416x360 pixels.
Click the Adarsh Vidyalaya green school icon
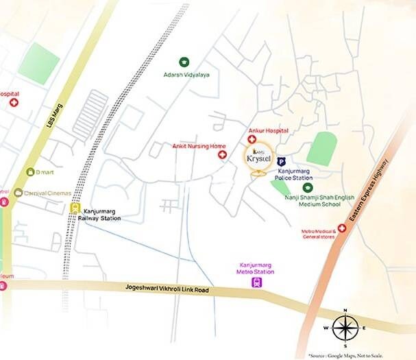[183, 62]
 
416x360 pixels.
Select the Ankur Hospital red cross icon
[252, 139]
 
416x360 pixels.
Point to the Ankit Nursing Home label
[198, 146]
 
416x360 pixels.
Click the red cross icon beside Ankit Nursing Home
[222, 155]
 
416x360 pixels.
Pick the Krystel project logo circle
[259, 158]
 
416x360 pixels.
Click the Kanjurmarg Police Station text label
[295, 174]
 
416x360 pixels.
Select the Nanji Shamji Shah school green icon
[308, 187]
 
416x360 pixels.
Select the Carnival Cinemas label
[47, 193]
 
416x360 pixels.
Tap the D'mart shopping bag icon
[30, 171]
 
